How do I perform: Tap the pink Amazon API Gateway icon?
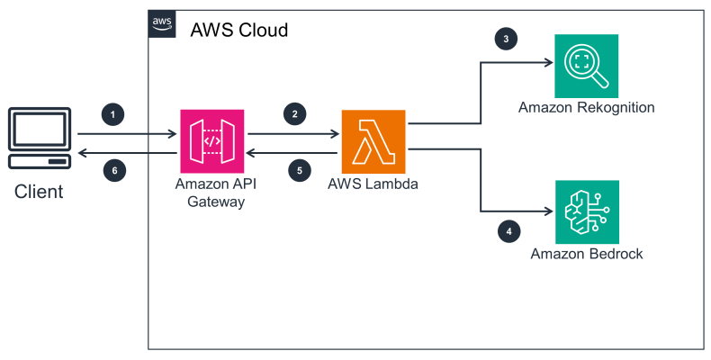coord(212,141)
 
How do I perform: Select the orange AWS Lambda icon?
coord(373,141)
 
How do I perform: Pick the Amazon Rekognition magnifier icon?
coord(586,66)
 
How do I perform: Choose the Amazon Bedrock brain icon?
coord(586,211)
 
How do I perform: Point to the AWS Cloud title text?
coord(239,30)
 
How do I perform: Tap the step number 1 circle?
coord(112,114)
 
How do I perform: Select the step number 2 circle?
coord(292,114)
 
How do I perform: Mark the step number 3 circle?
coord(507,40)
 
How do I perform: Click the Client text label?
coord(38,192)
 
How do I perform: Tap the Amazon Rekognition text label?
coord(586,108)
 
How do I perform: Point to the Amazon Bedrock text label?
coord(587,254)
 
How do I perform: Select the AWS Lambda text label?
coord(373,186)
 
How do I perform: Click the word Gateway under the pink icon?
coord(212,202)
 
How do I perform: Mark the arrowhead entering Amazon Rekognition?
coord(547,63)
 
